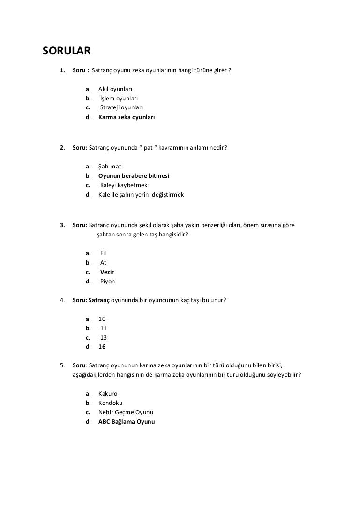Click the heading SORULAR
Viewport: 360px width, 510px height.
(x=67, y=50)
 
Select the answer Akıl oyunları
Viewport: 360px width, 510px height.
(x=115, y=89)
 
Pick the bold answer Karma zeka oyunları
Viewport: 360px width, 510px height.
(x=127, y=117)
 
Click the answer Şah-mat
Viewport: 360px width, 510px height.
(x=110, y=166)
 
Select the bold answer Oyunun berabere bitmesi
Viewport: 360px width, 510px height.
(x=134, y=175)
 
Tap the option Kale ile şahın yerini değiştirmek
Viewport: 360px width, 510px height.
(x=141, y=194)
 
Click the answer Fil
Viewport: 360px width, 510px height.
(x=104, y=253)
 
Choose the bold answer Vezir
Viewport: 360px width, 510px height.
(x=107, y=272)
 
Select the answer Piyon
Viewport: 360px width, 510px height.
(x=107, y=282)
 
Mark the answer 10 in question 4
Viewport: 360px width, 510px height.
(x=102, y=318)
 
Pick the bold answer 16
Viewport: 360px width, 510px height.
(x=102, y=347)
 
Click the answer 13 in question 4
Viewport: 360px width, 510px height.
(x=104, y=337)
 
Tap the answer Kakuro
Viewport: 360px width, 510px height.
(x=108, y=393)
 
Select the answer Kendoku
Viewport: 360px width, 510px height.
(x=111, y=403)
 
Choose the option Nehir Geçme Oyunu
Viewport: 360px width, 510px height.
(x=126, y=412)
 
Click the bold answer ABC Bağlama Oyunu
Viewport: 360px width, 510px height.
(x=127, y=421)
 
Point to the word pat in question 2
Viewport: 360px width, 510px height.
(x=149, y=147)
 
